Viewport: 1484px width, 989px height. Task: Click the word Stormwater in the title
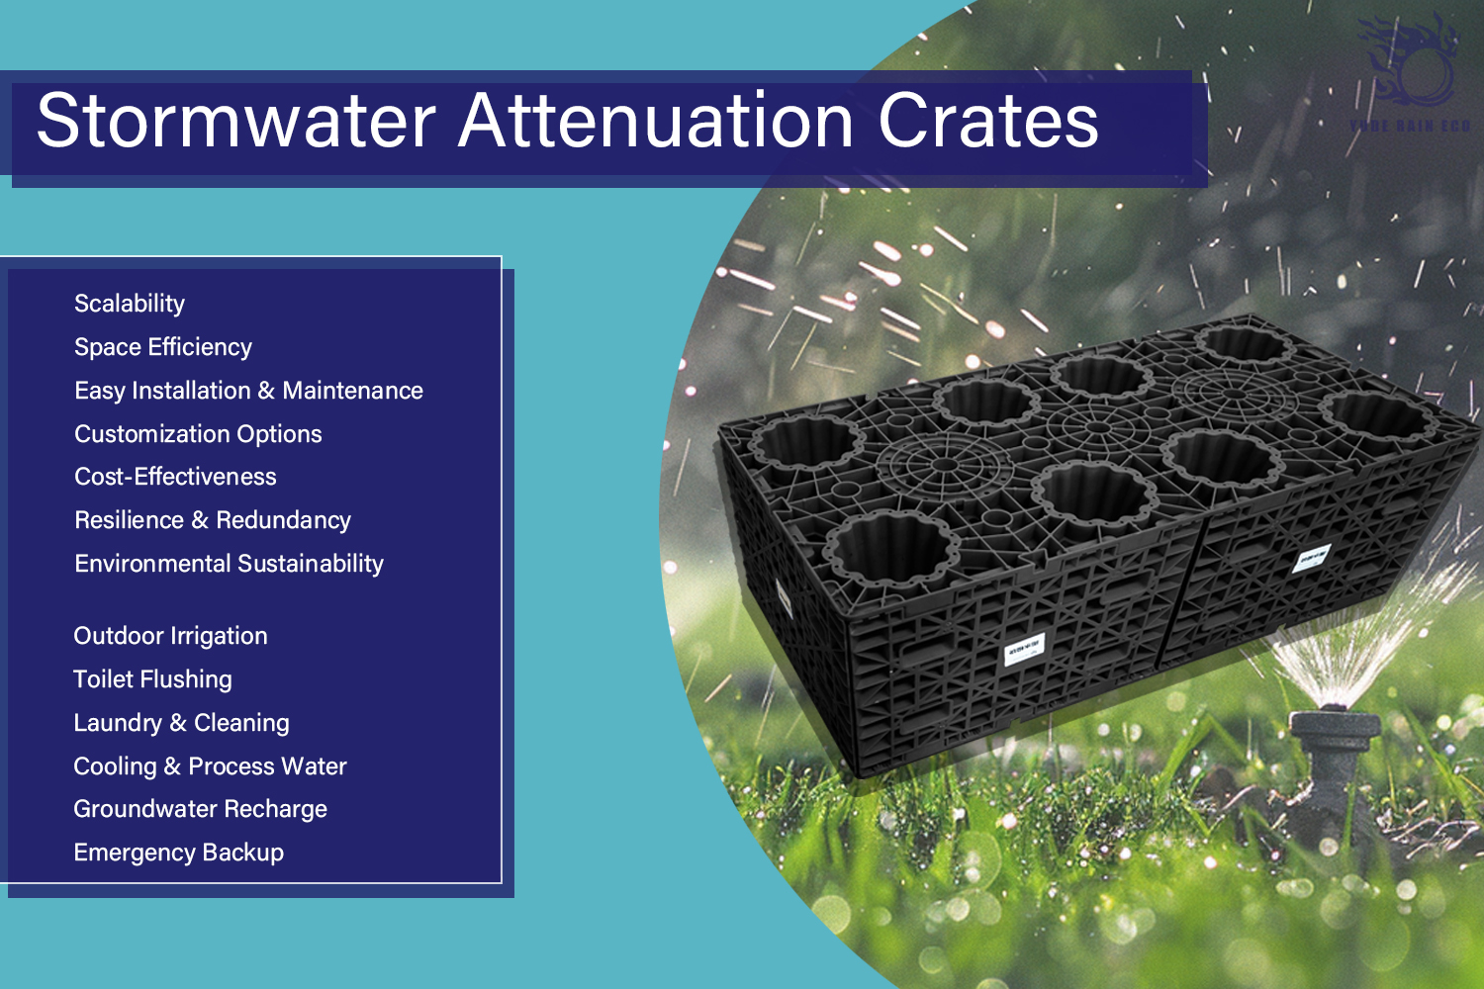[x=235, y=121]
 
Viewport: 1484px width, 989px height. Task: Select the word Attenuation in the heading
[x=656, y=121]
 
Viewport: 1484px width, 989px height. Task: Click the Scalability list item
[x=130, y=304]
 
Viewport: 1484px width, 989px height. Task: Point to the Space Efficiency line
[x=163, y=347]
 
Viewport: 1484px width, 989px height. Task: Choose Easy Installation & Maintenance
[x=248, y=391]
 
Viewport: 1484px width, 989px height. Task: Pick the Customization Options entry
[x=198, y=434]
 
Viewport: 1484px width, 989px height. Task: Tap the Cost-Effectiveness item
[x=175, y=477]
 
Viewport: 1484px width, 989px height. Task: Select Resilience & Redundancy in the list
[x=213, y=520]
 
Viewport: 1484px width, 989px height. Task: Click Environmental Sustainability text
[x=229, y=564]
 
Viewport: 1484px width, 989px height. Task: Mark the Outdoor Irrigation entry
[x=170, y=636]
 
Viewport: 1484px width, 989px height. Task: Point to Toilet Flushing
[x=152, y=679]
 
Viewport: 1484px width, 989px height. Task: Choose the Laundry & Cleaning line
[x=181, y=723]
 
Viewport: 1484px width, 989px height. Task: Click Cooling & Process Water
[x=210, y=766]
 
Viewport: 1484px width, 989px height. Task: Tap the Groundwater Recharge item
[x=200, y=809]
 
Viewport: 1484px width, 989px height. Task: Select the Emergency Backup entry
[x=178, y=853]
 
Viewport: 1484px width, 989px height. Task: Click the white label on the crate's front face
[x=1023, y=651]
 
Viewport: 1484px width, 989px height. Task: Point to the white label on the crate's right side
[x=1313, y=559]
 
